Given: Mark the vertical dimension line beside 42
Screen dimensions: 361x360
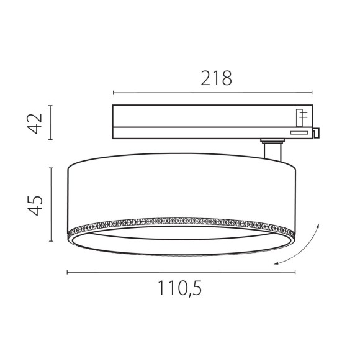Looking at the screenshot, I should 52,123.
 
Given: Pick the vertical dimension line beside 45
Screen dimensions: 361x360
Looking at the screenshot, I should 52,204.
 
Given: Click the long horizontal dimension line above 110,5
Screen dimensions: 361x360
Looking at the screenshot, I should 180,272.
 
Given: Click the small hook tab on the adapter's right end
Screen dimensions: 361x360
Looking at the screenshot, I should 317,132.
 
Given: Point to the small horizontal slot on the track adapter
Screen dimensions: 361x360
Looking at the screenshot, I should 298,132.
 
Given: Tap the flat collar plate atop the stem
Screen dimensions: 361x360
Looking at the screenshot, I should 271,142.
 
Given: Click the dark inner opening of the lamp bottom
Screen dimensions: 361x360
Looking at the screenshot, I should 180,242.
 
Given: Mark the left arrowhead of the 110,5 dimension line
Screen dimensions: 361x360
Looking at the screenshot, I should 68,272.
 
